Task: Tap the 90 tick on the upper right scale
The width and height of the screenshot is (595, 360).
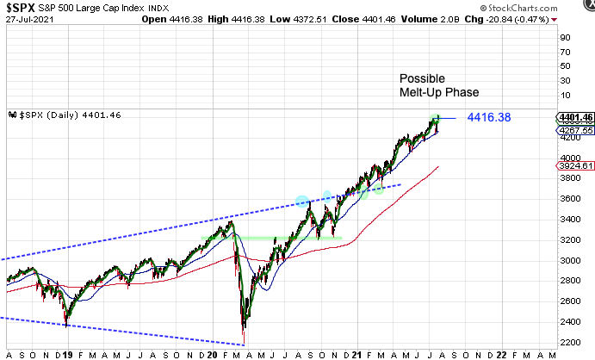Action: point(565,37)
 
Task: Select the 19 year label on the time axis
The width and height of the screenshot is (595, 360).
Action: point(68,353)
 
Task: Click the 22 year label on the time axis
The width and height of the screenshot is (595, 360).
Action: point(503,353)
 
